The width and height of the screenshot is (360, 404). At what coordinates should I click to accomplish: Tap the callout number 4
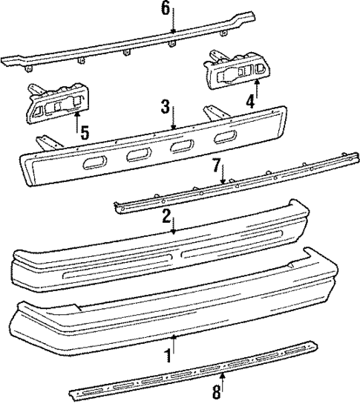[251, 100]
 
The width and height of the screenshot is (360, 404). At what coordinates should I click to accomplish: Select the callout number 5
[85, 133]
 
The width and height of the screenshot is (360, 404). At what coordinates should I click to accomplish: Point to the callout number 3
[166, 107]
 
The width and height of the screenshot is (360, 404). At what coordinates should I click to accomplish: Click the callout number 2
[167, 216]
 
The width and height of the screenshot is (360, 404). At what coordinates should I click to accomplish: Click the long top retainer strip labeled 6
[111, 49]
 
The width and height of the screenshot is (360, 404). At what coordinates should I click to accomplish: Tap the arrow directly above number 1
[174, 342]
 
